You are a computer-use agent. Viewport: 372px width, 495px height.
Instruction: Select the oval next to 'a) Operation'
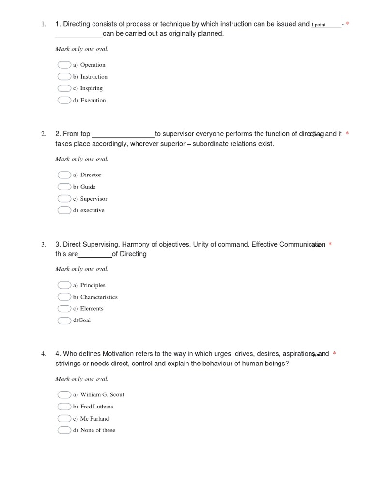point(64,65)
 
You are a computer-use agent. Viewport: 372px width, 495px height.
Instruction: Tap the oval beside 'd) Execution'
point(64,100)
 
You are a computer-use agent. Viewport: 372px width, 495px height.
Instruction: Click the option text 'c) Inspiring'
point(88,88)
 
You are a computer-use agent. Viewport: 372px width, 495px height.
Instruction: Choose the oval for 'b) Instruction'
point(64,77)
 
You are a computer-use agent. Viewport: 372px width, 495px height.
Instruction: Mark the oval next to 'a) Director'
point(64,175)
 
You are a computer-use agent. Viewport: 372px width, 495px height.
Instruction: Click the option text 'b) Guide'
point(84,187)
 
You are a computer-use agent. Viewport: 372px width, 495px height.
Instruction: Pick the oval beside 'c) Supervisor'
point(64,199)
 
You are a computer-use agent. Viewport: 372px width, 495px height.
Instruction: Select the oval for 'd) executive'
point(64,210)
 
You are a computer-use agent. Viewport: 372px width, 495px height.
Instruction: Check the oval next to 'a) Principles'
point(64,285)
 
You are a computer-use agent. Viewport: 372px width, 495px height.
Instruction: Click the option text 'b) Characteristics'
point(95,297)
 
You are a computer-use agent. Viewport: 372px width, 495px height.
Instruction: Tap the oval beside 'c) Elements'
point(64,308)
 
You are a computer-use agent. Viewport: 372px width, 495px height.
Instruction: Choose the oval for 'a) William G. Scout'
point(64,395)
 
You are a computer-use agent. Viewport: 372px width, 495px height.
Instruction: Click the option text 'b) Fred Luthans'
point(93,407)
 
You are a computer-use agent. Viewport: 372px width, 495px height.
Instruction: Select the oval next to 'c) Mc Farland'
point(64,419)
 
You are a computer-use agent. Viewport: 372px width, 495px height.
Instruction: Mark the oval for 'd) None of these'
point(64,430)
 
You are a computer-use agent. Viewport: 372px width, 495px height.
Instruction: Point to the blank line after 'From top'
point(123,135)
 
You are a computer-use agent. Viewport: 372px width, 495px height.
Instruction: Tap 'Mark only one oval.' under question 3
point(82,269)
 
